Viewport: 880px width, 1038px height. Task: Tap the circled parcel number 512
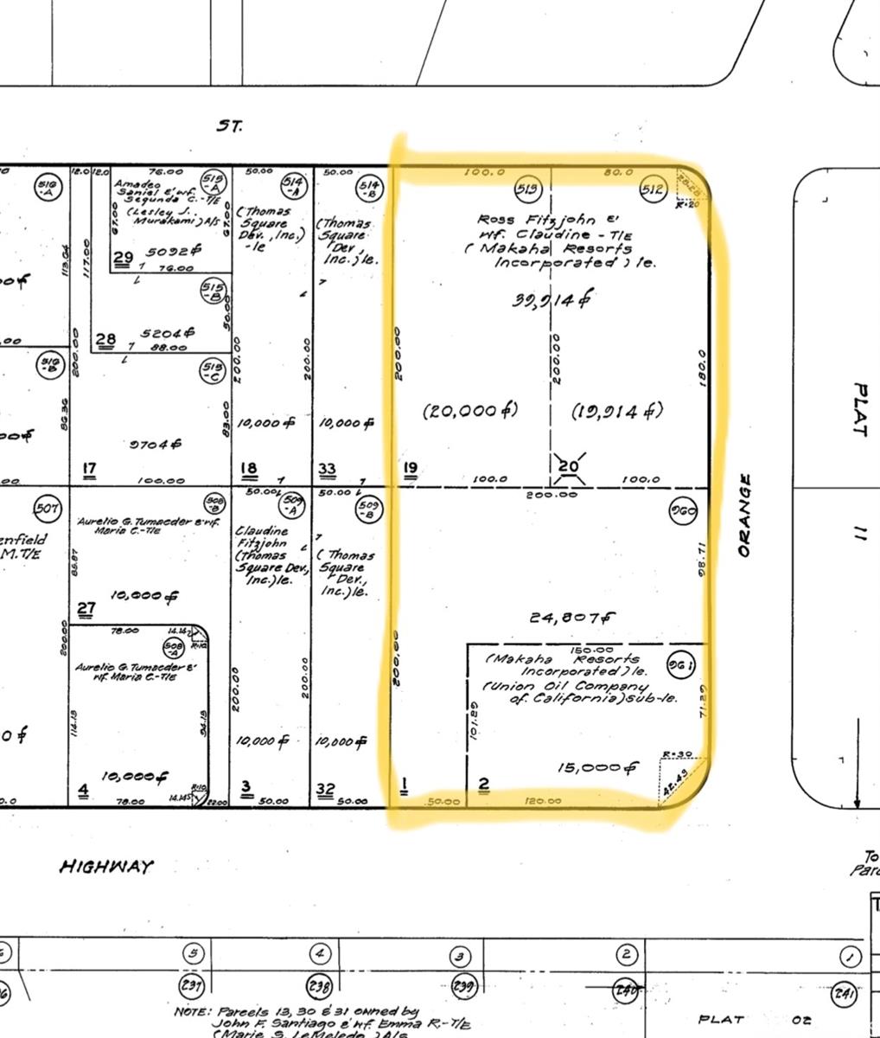(x=652, y=189)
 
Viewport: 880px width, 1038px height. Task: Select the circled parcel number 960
(x=683, y=511)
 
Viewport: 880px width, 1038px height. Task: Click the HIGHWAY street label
(x=106, y=866)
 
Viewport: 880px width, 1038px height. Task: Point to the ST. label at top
(x=230, y=125)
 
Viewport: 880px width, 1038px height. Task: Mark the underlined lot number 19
(x=410, y=468)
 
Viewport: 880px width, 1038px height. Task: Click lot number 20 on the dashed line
(x=568, y=467)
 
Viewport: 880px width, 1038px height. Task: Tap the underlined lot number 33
(x=327, y=470)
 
